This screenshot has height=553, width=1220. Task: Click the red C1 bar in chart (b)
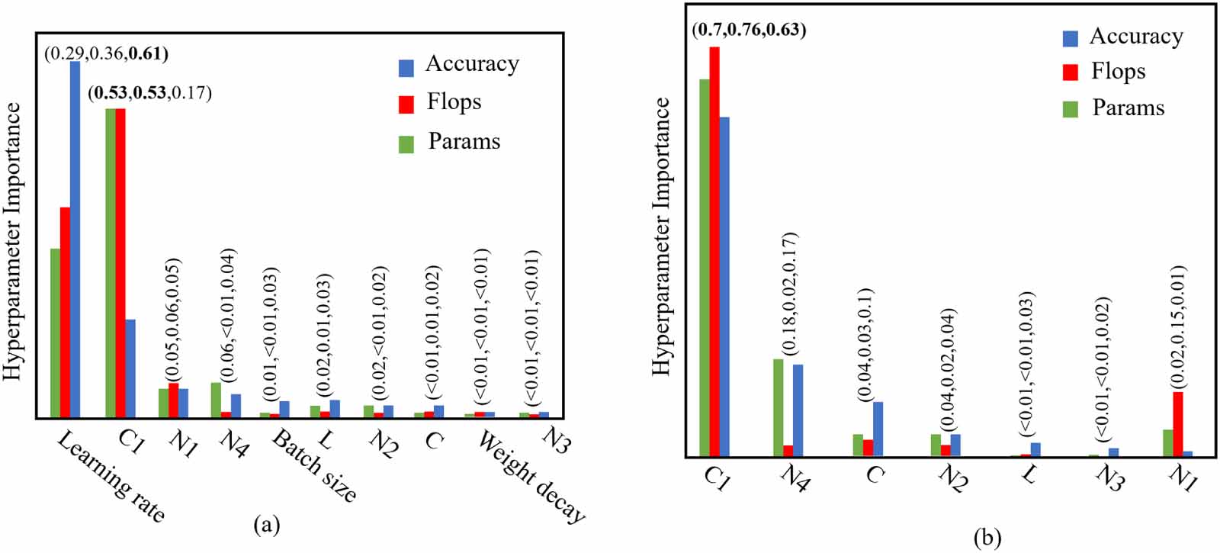pos(714,252)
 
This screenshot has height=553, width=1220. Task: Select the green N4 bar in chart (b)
pos(778,407)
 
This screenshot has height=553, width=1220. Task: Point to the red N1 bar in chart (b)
pos(1177,424)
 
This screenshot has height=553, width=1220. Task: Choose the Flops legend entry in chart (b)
pos(1105,72)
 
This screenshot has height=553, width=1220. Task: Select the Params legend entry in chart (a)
pos(450,142)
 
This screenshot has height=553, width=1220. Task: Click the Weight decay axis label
pos(531,477)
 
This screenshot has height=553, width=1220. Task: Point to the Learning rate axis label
pos(111,477)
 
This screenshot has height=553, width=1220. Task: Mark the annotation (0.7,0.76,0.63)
pos(749,31)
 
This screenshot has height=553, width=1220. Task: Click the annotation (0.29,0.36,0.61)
pos(106,53)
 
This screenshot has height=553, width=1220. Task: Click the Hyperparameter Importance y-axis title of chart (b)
pos(661,236)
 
